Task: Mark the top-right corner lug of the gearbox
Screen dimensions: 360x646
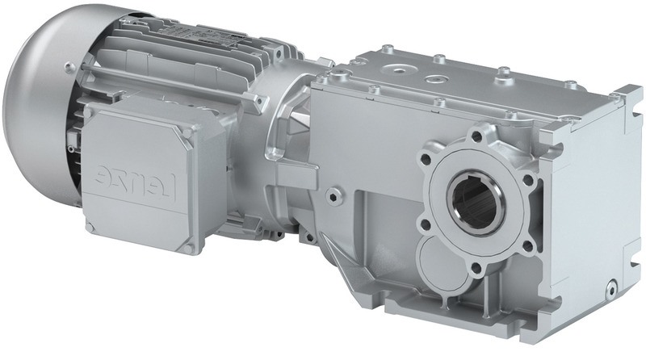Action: (x=618, y=97)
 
